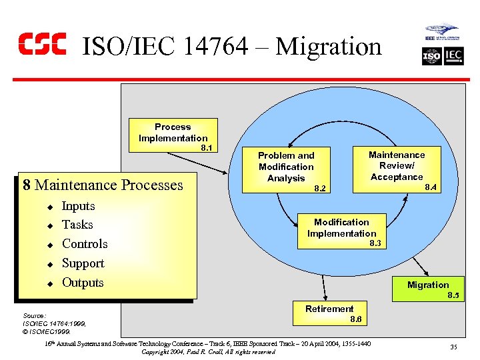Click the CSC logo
[42, 43]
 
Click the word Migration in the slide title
[329, 47]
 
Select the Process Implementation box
[173, 133]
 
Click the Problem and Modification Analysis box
[287, 166]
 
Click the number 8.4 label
[431, 188]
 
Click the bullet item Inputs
[78, 206]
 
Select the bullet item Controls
[85, 244]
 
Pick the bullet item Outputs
[83, 282]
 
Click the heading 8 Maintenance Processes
[102, 185]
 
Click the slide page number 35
[453, 347]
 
